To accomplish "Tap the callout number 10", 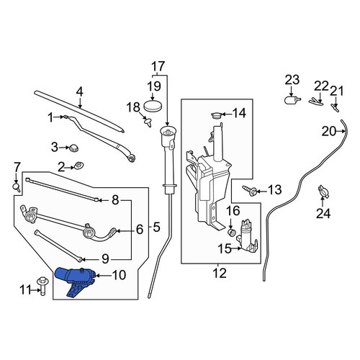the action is coord(119,275).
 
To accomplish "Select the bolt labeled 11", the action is coord(42,287).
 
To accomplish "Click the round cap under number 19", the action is coord(153,107).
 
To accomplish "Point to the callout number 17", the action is coord(158,66).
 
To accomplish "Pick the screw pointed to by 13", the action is coord(250,191).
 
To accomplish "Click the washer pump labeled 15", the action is coord(247,235).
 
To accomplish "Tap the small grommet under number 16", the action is coord(231,232).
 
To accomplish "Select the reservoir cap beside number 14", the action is coord(217,116).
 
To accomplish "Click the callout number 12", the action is coord(220,273).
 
